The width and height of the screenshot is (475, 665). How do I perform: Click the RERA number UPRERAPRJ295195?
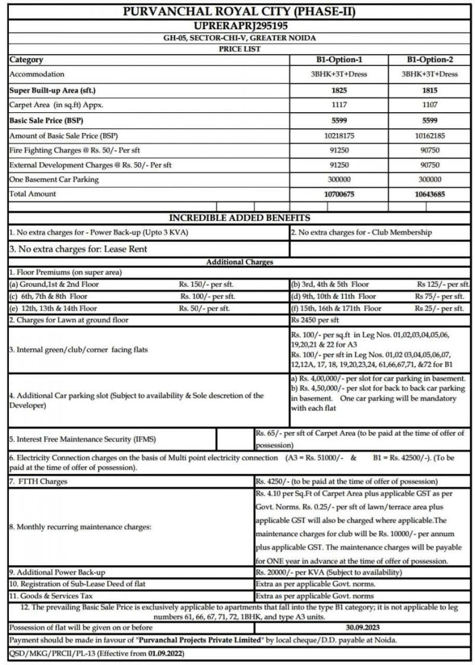coord(237,26)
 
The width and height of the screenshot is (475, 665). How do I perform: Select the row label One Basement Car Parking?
coord(54,179)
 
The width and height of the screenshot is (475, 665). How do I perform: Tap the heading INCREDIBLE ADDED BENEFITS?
coord(239,218)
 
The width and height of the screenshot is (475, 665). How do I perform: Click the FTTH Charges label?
coord(38,481)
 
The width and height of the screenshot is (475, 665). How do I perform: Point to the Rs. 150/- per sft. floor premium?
coord(207,284)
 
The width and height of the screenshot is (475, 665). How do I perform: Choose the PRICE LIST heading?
coord(239,49)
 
